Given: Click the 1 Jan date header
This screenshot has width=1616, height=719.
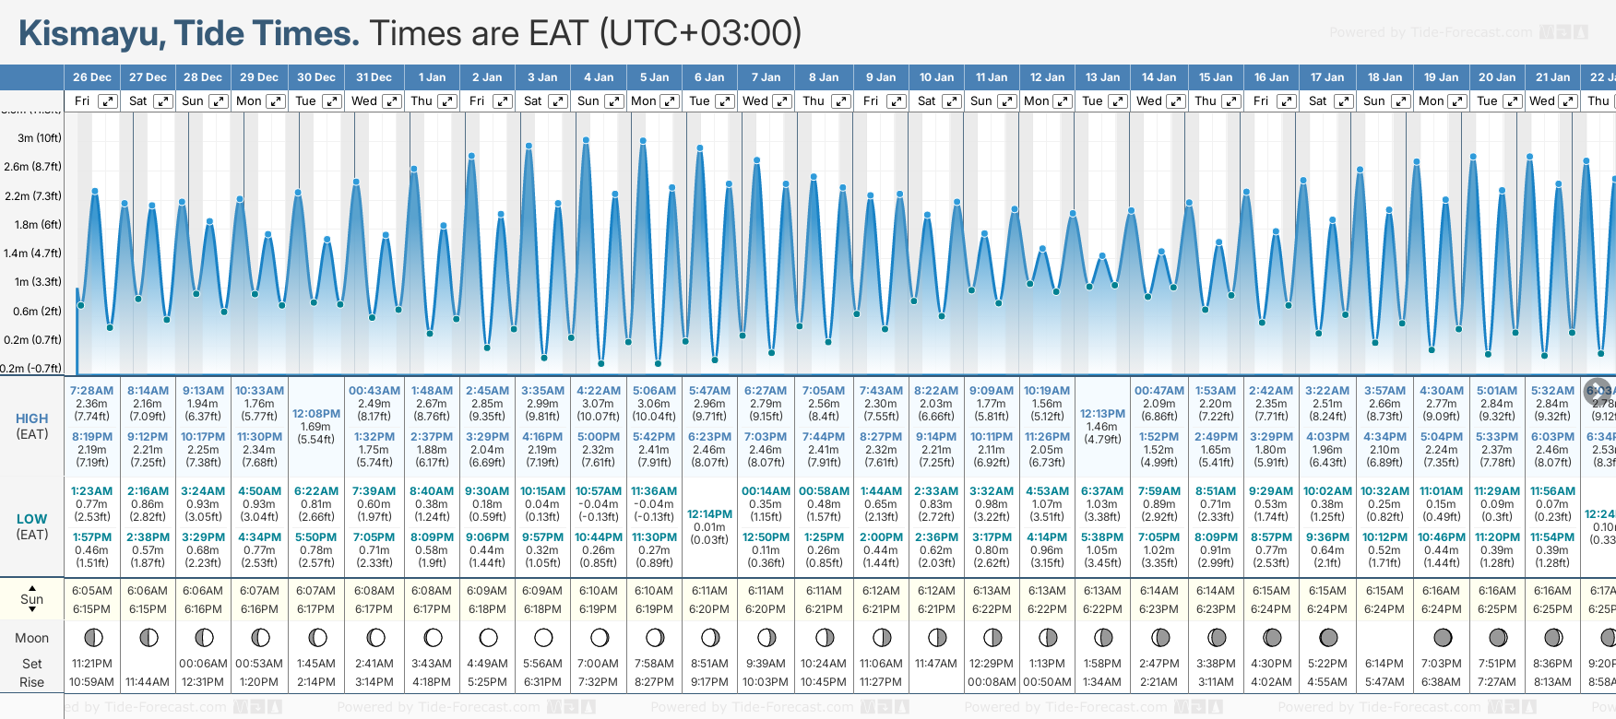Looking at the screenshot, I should click(432, 77).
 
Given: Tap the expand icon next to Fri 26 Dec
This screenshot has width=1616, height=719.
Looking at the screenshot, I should click(108, 101).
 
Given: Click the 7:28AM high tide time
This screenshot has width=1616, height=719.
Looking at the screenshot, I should click(91, 391).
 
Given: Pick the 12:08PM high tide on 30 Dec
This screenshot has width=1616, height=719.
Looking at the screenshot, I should click(316, 414).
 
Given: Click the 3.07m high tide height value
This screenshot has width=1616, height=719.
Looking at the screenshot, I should click(598, 404).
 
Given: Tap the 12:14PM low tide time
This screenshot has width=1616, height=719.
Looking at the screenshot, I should click(709, 514).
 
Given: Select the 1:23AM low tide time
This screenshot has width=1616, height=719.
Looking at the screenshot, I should click(91, 491).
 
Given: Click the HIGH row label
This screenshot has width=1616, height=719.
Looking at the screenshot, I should click(32, 418).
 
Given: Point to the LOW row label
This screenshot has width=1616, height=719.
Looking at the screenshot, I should click(32, 519).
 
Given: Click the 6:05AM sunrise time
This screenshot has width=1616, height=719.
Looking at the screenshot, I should click(91, 591).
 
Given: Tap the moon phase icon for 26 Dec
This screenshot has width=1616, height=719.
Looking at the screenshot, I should click(92, 637).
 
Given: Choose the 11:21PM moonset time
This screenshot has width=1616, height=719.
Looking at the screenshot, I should click(91, 664).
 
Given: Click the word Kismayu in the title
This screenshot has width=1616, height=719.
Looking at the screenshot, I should click(91, 33).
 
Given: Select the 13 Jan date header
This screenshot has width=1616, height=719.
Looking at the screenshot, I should click(1103, 77).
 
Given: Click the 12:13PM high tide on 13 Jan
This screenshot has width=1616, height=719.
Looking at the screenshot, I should click(1102, 414).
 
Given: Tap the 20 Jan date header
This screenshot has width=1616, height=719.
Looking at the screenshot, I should click(1497, 77).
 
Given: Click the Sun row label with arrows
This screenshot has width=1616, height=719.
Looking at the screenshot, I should click(32, 599).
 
